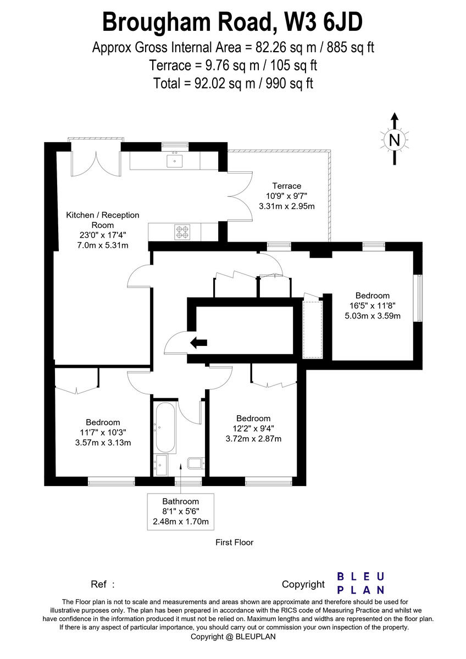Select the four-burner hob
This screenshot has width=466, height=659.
click(182, 232)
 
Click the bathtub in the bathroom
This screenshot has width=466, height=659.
click(165, 428)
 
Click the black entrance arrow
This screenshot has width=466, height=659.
click(198, 343)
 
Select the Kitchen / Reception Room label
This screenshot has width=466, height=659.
click(103, 220)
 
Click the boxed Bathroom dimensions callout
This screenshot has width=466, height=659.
click(180, 511)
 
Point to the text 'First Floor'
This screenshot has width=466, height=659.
click(235, 543)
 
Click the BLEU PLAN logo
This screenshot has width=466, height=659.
click(360, 583)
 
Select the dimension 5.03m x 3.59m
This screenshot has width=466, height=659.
click(372, 315)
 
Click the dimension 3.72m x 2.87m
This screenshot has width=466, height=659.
click(253, 438)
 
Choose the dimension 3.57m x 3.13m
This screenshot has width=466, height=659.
click(103, 443)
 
